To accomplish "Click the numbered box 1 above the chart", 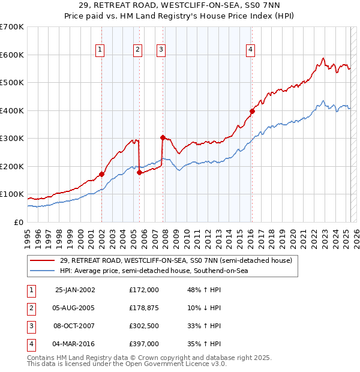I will coord(100,50).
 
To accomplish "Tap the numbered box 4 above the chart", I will coord(250,50).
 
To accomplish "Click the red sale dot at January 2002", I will coord(101,174).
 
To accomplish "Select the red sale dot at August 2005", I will coord(139,172).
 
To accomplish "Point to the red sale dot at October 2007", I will coord(163,137).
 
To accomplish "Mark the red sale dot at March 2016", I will coord(252,111).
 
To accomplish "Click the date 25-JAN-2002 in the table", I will coord(74,290).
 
